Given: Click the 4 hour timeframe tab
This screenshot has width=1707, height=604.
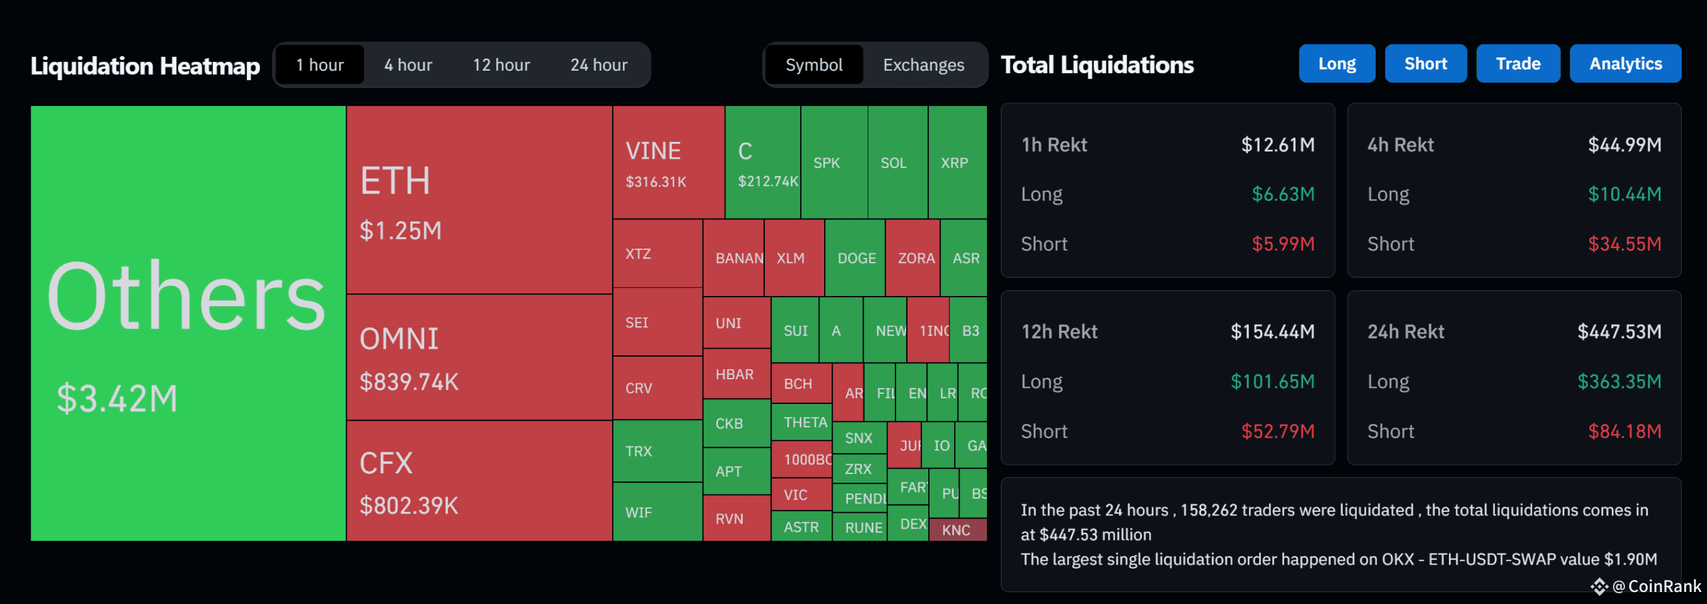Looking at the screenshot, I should [408, 65].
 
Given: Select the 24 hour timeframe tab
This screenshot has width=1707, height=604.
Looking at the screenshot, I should [598, 65].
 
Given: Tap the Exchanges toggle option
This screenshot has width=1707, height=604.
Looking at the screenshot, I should [923, 65].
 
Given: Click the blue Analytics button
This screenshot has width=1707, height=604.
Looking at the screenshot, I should [1625, 64].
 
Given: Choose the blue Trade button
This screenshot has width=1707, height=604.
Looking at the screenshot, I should [1518, 64].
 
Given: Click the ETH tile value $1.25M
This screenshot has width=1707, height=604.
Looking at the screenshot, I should [400, 231].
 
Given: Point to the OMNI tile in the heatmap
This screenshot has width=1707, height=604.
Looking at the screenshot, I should [479, 357].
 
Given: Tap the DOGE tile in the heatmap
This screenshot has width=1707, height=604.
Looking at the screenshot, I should [856, 258].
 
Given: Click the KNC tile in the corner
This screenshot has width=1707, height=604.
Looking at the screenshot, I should [956, 530].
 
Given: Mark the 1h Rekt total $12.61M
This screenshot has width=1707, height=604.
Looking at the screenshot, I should [1278, 145].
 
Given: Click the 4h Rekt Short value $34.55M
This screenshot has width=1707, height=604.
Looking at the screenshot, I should [1624, 244].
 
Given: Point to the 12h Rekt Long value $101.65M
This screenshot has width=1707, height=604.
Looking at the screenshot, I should [1272, 381].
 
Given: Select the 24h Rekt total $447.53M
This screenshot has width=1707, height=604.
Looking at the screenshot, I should [1619, 331].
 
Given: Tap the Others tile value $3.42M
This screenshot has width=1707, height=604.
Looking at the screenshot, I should [117, 399].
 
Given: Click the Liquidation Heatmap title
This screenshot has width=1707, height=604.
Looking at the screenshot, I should [145, 66].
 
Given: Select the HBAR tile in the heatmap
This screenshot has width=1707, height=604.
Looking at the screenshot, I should [735, 374].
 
